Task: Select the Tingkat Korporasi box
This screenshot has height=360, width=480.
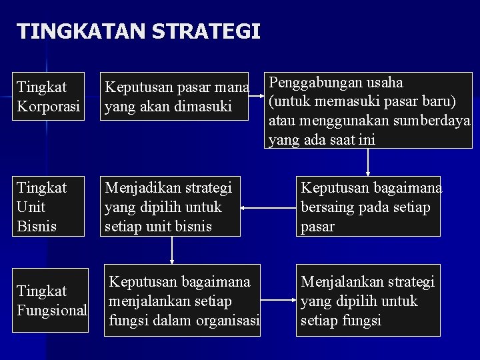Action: (49, 97)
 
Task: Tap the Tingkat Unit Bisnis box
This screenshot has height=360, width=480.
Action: (49, 206)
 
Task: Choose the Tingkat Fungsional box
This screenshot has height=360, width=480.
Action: (51, 300)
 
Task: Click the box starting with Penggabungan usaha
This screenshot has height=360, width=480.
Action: (368, 110)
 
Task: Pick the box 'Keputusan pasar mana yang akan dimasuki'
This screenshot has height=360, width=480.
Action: (174, 97)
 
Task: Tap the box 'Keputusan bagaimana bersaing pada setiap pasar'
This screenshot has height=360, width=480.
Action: (368, 206)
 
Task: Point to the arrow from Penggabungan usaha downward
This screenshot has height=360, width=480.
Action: (367, 162)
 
